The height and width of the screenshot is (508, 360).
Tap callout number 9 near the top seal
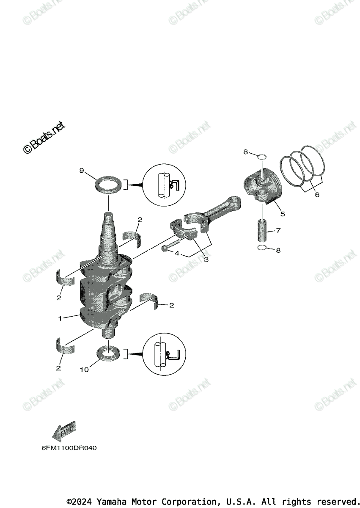click(82, 171)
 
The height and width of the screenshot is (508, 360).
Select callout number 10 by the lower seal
click(84, 370)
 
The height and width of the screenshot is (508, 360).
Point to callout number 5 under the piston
click(282, 214)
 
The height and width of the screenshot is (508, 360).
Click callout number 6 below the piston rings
click(317, 195)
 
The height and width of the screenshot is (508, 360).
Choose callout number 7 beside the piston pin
click(278, 231)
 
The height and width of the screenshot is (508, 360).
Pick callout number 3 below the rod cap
click(206, 260)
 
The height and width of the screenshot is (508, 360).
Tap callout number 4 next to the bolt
click(177, 253)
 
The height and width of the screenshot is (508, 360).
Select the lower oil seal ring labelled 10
click(109, 353)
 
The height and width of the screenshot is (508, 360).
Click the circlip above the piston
click(262, 157)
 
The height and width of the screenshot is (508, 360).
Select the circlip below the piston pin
click(262, 249)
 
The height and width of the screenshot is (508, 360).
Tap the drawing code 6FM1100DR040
click(69, 447)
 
